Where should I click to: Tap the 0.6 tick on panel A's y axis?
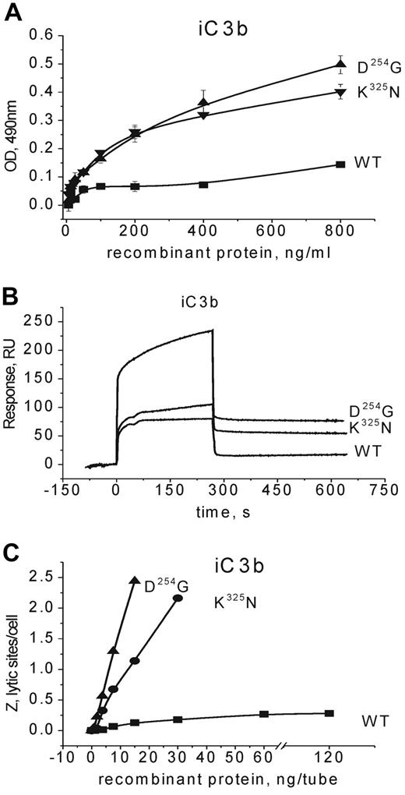click(46, 36)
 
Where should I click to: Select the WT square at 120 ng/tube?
click(329, 713)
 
